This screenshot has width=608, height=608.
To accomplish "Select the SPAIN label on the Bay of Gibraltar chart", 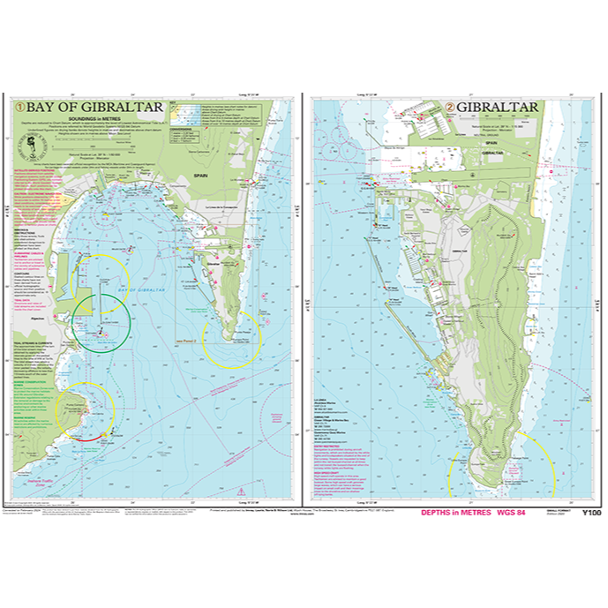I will coord(205,176).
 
